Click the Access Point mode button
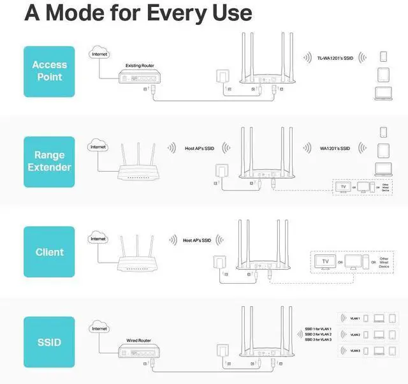click(49, 71)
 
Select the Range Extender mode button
click(49, 161)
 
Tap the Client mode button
click(49, 251)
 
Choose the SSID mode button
click(49, 342)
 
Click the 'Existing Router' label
click(140, 66)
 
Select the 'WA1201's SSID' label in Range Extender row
click(335, 149)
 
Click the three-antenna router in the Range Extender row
click(140, 163)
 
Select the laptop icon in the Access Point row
click(383, 94)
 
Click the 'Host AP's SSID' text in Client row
click(197, 240)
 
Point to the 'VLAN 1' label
click(355, 318)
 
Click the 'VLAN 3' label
click(355, 350)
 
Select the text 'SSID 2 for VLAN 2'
click(318, 334)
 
